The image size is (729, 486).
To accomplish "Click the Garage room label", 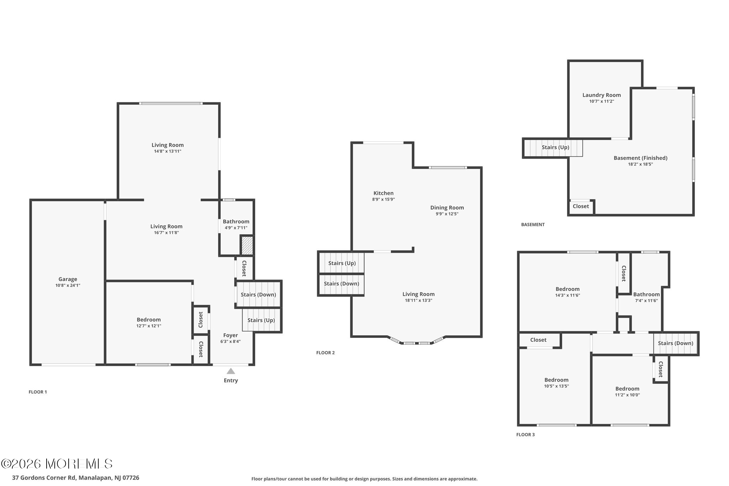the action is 68,279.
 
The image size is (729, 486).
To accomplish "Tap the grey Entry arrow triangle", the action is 231,371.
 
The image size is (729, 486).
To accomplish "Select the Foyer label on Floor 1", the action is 231,335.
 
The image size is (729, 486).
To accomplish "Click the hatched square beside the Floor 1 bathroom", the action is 247,246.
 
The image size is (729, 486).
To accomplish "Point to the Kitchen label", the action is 383,193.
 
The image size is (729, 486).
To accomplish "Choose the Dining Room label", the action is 447,208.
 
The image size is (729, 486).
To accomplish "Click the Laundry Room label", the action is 602,95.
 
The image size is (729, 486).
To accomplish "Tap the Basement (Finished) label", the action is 640,158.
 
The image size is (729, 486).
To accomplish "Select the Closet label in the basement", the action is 581,206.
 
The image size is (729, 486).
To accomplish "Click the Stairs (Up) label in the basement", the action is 555,147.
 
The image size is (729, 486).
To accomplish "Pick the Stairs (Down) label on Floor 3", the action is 676,343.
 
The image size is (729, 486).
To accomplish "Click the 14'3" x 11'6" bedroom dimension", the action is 568,295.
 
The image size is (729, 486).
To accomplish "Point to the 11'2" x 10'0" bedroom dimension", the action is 628,395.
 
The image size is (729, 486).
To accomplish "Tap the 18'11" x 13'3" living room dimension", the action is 419,300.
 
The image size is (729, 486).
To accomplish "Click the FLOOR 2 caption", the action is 325,353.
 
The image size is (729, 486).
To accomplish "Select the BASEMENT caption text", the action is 533,225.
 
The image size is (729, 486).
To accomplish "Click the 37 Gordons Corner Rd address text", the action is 75,478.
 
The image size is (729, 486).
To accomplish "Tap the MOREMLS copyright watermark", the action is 57,464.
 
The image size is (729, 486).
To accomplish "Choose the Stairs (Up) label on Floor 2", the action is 342,263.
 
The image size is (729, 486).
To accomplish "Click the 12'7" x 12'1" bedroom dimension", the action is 149,326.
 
